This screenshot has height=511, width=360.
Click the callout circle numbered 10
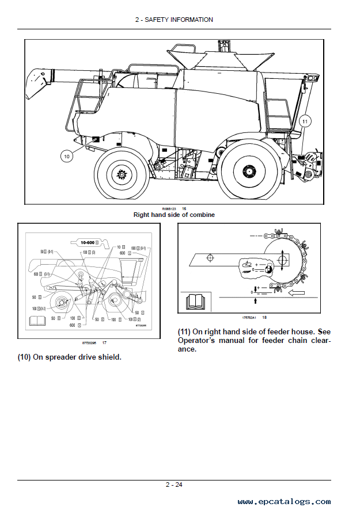66,155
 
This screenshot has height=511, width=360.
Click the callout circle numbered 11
305,121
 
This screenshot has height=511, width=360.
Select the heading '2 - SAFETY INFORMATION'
174,20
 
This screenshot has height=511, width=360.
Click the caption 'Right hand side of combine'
174,215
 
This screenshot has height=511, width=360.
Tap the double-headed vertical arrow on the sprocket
282,260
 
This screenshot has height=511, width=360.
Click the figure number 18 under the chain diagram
264,318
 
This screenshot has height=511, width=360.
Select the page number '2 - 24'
174,485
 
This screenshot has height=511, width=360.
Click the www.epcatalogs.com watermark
284,502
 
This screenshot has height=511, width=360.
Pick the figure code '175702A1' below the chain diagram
248,318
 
